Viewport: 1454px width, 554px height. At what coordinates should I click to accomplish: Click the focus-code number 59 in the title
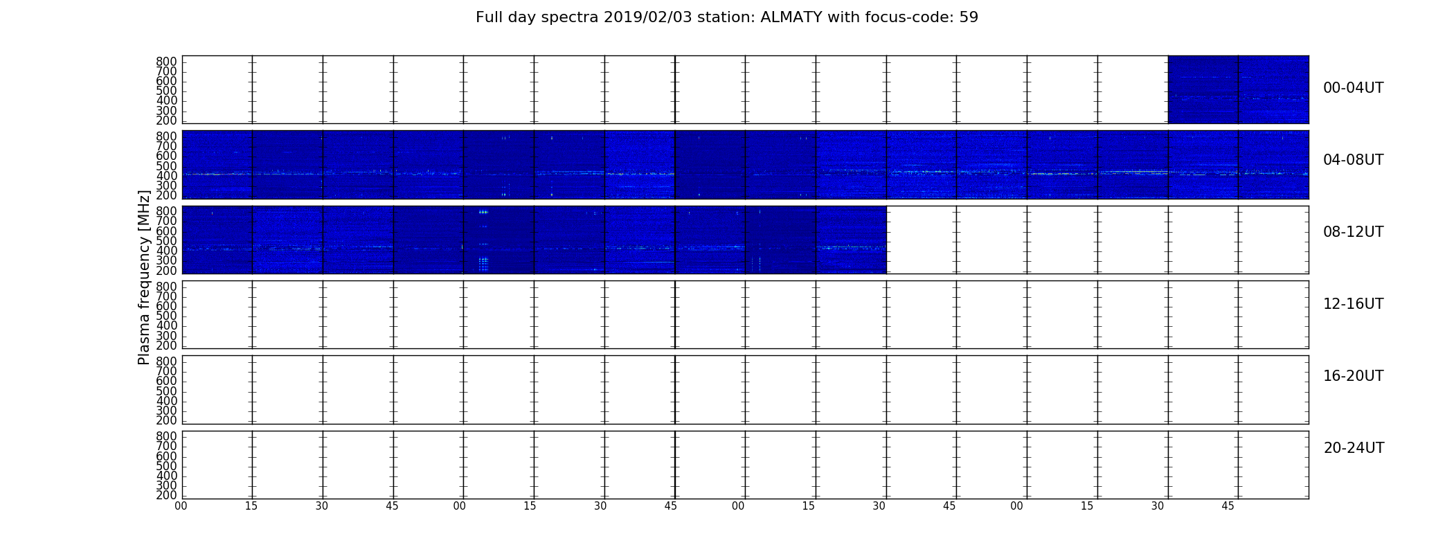click(969, 17)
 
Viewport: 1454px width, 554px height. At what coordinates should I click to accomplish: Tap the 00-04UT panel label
click(1354, 88)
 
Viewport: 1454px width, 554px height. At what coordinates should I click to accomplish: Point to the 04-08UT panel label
click(1354, 160)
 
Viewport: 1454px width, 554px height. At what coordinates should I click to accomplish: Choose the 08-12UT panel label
click(1354, 232)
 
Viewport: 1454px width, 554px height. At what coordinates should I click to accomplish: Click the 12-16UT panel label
click(1354, 304)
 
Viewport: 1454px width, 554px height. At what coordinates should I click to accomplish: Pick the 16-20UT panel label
click(1354, 376)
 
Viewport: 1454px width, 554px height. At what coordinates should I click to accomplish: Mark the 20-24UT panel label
click(1354, 448)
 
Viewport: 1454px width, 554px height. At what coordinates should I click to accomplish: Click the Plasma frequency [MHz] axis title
click(144, 277)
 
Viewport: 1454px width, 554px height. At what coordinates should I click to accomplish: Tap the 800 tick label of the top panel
click(166, 62)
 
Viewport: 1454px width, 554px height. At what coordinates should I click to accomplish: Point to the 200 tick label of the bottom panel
click(166, 495)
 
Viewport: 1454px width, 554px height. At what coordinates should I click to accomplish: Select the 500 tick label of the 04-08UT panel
click(166, 166)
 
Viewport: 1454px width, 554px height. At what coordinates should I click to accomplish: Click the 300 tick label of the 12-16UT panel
click(166, 336)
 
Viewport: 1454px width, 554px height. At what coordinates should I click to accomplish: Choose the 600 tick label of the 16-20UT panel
click(166, 381)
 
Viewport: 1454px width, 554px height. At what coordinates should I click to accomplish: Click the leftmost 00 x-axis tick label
click(181, 506)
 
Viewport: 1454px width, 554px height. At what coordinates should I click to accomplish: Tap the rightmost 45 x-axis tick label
click(1228, 506)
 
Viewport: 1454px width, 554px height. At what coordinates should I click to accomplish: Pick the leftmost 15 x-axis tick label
click(251, 506)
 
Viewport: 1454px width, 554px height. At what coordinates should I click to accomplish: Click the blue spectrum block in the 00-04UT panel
click(1238, 89)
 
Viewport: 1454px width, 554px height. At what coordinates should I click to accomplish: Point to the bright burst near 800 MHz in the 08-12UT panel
click(483, 212)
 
